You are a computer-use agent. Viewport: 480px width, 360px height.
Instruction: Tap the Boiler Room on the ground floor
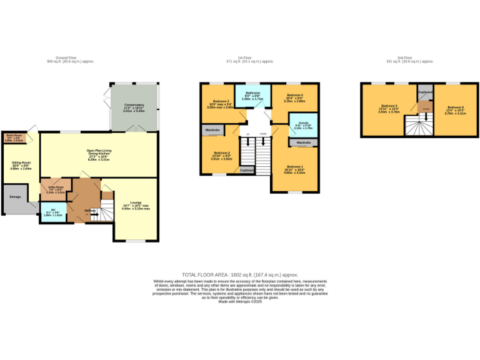point(14,137)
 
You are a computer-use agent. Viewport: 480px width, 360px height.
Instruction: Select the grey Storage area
point(15,197)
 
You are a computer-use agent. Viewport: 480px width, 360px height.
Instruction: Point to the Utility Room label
point(56,188)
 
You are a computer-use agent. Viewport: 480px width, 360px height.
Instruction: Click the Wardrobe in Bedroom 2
point(213,130)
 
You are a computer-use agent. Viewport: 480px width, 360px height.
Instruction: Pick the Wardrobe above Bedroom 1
point(303,142)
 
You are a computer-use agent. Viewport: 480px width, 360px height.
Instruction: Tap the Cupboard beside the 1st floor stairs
point(247,170)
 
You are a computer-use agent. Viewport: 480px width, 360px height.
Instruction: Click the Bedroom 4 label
point(294,97)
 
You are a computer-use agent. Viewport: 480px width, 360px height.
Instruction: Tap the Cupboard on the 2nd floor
point(425,92)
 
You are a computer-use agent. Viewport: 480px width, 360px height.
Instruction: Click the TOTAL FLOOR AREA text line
point(240,275)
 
